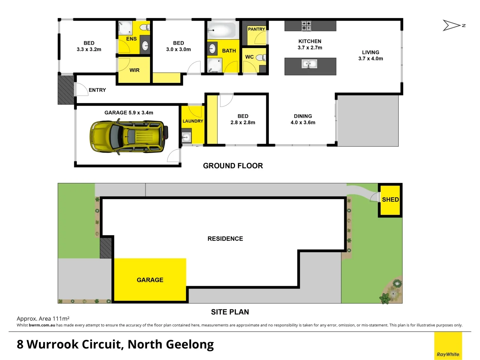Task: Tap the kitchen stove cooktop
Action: coord(306,26)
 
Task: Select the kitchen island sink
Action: coord(310,64)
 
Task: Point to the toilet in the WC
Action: coord(261,57)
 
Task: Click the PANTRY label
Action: coord(256,29)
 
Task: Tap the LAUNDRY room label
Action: coord(193,121)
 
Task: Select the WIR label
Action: coord(134,70)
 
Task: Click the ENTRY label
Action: coord(97,90)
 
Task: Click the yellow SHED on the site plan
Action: coord(390,200)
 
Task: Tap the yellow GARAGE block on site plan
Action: coord(150,280)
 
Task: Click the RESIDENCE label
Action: coord(225,238)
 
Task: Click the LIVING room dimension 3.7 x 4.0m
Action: coord(370,58)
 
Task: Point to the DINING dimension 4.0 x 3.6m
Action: coord(303,123)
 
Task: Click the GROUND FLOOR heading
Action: coord(233,166)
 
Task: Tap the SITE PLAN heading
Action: coord(230,312)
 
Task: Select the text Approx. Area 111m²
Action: coord(43,319)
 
